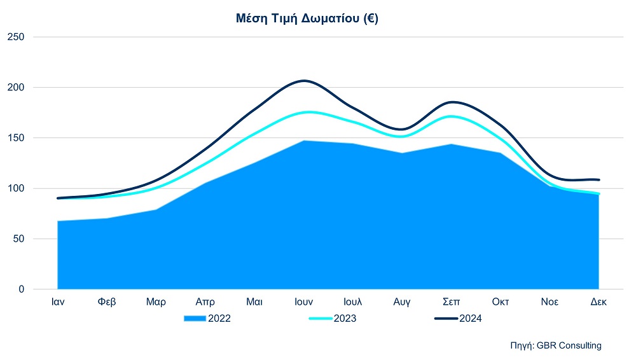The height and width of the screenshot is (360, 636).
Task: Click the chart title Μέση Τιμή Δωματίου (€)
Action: coord(307,18)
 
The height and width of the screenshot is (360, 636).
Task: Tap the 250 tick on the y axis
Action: coord(16,37)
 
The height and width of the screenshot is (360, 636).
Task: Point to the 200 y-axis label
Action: coord(16,87)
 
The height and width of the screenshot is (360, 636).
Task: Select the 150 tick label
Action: coord(16,138)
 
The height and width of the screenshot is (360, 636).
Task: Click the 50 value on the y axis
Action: coord(18,239)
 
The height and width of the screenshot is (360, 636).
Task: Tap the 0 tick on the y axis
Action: coord(22,289)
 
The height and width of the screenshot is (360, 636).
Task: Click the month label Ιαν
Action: coord(58,302)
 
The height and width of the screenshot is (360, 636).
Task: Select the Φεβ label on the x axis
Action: coord(107,302)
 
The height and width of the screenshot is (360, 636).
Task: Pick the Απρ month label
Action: coord(205,302)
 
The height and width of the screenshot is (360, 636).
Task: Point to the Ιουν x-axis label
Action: coord(304,302)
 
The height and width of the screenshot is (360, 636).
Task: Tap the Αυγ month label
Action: coord(402,302)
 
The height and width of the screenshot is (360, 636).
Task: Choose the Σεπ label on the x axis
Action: coord(452,302)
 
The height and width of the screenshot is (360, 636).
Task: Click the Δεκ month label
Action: coord(598,302)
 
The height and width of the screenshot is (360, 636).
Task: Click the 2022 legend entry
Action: coord(207,319)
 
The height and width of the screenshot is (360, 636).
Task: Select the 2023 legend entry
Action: coord(333,319)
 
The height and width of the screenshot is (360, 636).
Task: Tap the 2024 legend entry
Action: coord(459,319)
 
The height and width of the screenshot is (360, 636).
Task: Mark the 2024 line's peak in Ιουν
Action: coord(304,81)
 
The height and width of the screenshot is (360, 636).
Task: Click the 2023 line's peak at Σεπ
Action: coord(451,116)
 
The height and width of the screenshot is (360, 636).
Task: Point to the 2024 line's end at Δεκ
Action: coord(598,180)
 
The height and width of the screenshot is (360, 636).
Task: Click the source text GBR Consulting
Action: coord(569,346)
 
